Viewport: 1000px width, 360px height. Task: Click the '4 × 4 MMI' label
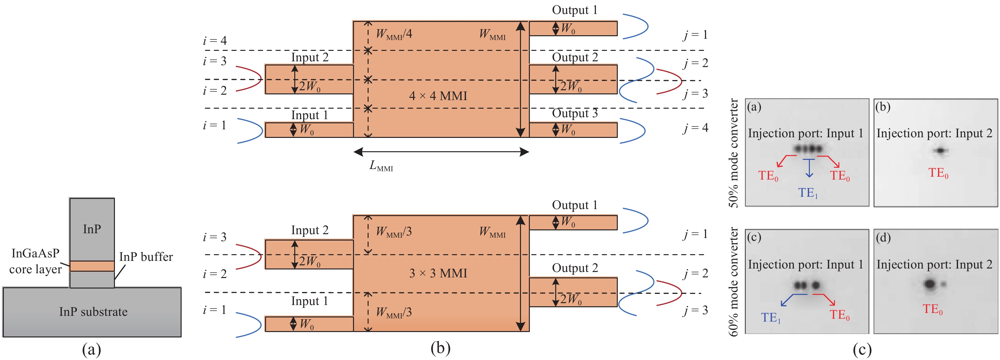click(438, 96)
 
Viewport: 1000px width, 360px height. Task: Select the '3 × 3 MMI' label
click(438, 273)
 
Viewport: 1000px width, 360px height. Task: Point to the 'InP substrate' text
click(93, 311)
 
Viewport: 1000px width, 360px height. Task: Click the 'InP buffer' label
click(146, 257)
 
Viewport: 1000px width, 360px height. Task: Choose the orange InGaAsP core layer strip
click(92, 266)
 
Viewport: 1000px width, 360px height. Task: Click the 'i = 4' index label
click(215, 40)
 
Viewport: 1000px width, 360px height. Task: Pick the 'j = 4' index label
click(696, 127)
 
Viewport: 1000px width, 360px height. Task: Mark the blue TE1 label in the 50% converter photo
click(808, 193)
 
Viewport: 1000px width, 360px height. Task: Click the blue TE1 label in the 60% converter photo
click(770, 318)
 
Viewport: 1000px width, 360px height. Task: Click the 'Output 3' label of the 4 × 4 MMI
click(575, 113)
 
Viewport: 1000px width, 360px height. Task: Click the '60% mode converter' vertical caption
click(733, 282)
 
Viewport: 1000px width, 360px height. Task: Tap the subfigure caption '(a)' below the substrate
click(92, 349)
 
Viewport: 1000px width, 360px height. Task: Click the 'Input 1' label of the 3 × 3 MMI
click(310, 301)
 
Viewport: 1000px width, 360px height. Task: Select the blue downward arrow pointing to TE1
click(809, 169)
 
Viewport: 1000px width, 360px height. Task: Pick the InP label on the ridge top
click(92, 229)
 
